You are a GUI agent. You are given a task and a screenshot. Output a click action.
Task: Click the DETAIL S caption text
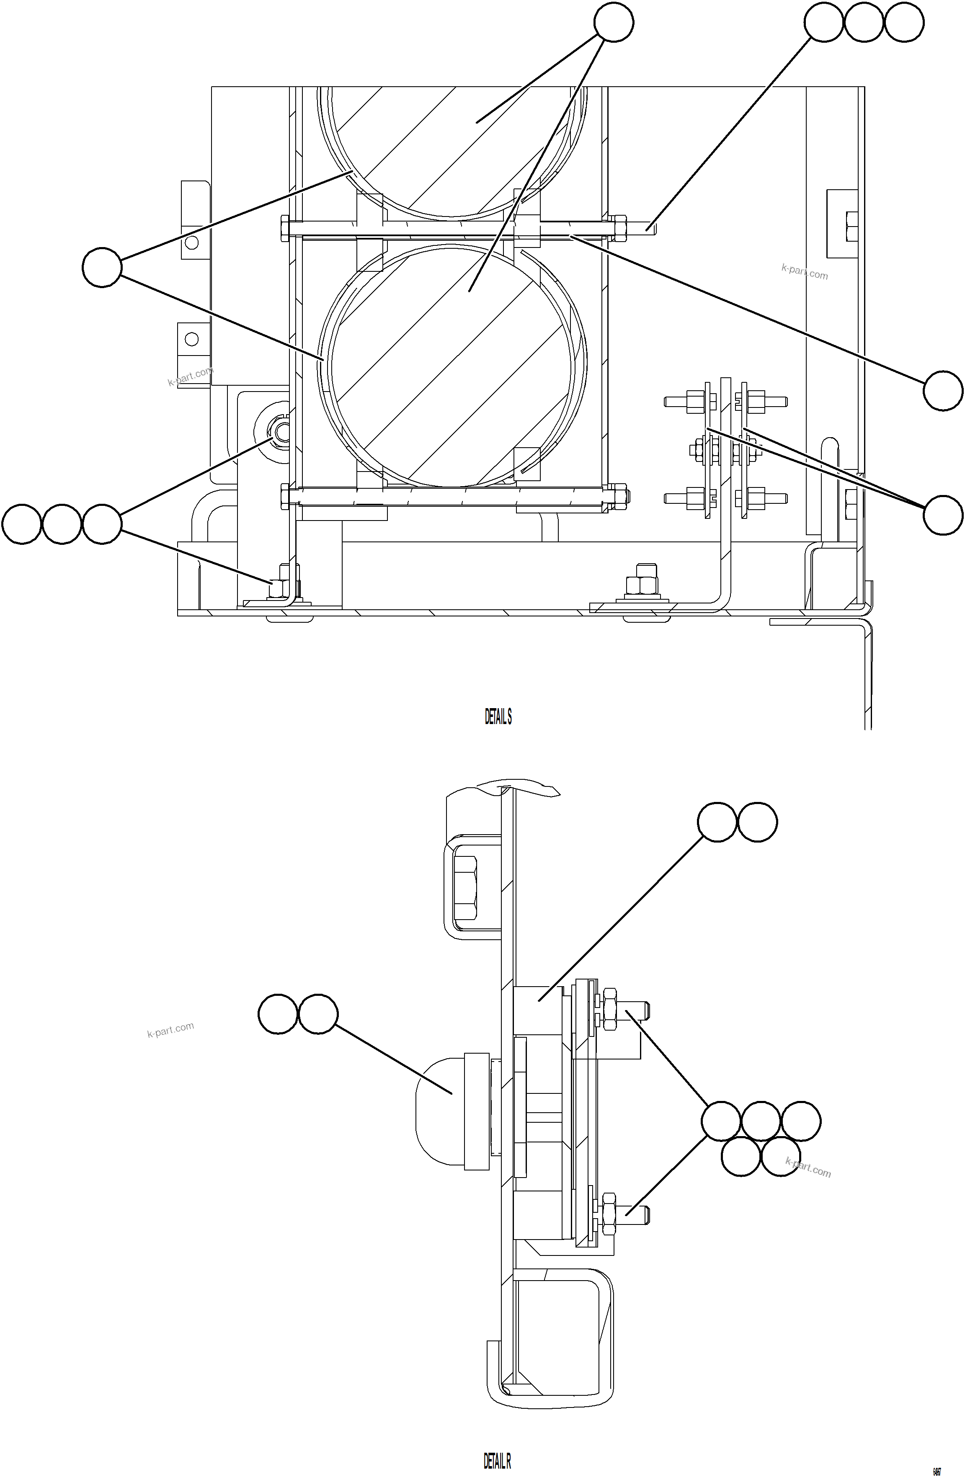(498, 717)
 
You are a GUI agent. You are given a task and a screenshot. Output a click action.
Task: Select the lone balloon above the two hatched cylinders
(613, 22)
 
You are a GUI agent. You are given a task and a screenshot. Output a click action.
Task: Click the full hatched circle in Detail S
(452, 366)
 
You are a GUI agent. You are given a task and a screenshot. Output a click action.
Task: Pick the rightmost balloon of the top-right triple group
(903, 22)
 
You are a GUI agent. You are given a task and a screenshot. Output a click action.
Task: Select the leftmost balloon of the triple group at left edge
(22, 524)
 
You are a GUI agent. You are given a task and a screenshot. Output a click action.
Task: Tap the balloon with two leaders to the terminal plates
(943, 515)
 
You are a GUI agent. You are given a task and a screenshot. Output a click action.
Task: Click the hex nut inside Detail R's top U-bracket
(465, 887)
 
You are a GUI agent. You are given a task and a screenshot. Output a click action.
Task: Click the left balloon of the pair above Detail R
(717, 822)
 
